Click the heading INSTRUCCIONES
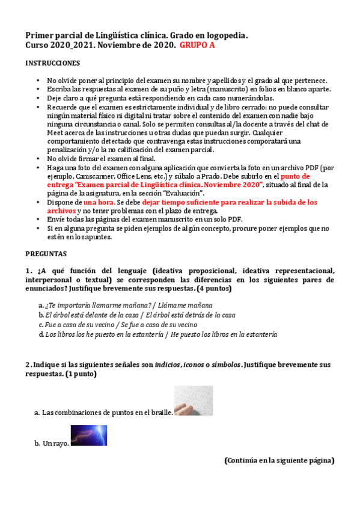click(x=52, y=63)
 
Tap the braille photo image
click(x=193, y=401)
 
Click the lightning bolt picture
click(x=89, y=435)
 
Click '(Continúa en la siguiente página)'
click(x=279, y=461)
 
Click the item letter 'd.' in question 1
click(x=40, y=334)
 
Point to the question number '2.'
click(x=28, y=365)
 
